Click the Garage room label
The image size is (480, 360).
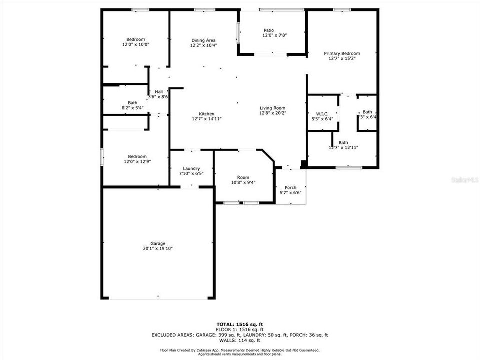(x=158, y=243)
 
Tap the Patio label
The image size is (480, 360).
(x=269, y=30)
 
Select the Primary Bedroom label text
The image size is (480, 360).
(x=342, y=53)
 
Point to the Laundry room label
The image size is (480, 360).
(x=191, y=168)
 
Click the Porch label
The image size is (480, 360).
(x=290, y=187)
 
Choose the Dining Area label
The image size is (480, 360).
(x=203, y=40)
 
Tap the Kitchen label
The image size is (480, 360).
(x=206, y=114)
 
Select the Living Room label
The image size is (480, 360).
(x=272, y=108)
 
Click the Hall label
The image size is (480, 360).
(x=159, y=91)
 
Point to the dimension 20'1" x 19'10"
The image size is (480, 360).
(x=158, y=248)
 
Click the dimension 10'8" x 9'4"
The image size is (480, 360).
(x=243, y=182)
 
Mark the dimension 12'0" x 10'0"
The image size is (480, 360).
(x=136, y=45)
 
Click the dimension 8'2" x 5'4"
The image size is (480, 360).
(x=132, y=107)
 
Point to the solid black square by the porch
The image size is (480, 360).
(x=303, y=164)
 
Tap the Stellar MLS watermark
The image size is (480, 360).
(x=465, y=178)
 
